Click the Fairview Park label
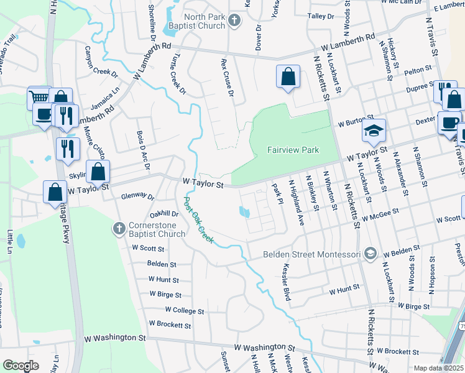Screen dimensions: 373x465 tap(293, 150)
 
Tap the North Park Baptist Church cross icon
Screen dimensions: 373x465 tap(234, 21)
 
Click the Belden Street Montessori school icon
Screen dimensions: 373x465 tap(371, 253)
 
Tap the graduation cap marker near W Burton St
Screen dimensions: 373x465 tap(374, 131)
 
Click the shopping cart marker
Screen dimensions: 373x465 tap(39, 98)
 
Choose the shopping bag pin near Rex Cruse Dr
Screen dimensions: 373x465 tap(288, 77)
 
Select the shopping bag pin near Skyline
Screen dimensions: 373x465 tap(98, 172)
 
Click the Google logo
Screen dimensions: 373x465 tap(21, 365)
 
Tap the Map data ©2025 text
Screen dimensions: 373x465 tap(439, 368)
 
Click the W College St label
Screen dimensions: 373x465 tap(185, 310)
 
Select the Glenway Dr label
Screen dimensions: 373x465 tap(137, 196)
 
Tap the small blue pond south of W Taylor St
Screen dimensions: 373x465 tap(245, 213)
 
